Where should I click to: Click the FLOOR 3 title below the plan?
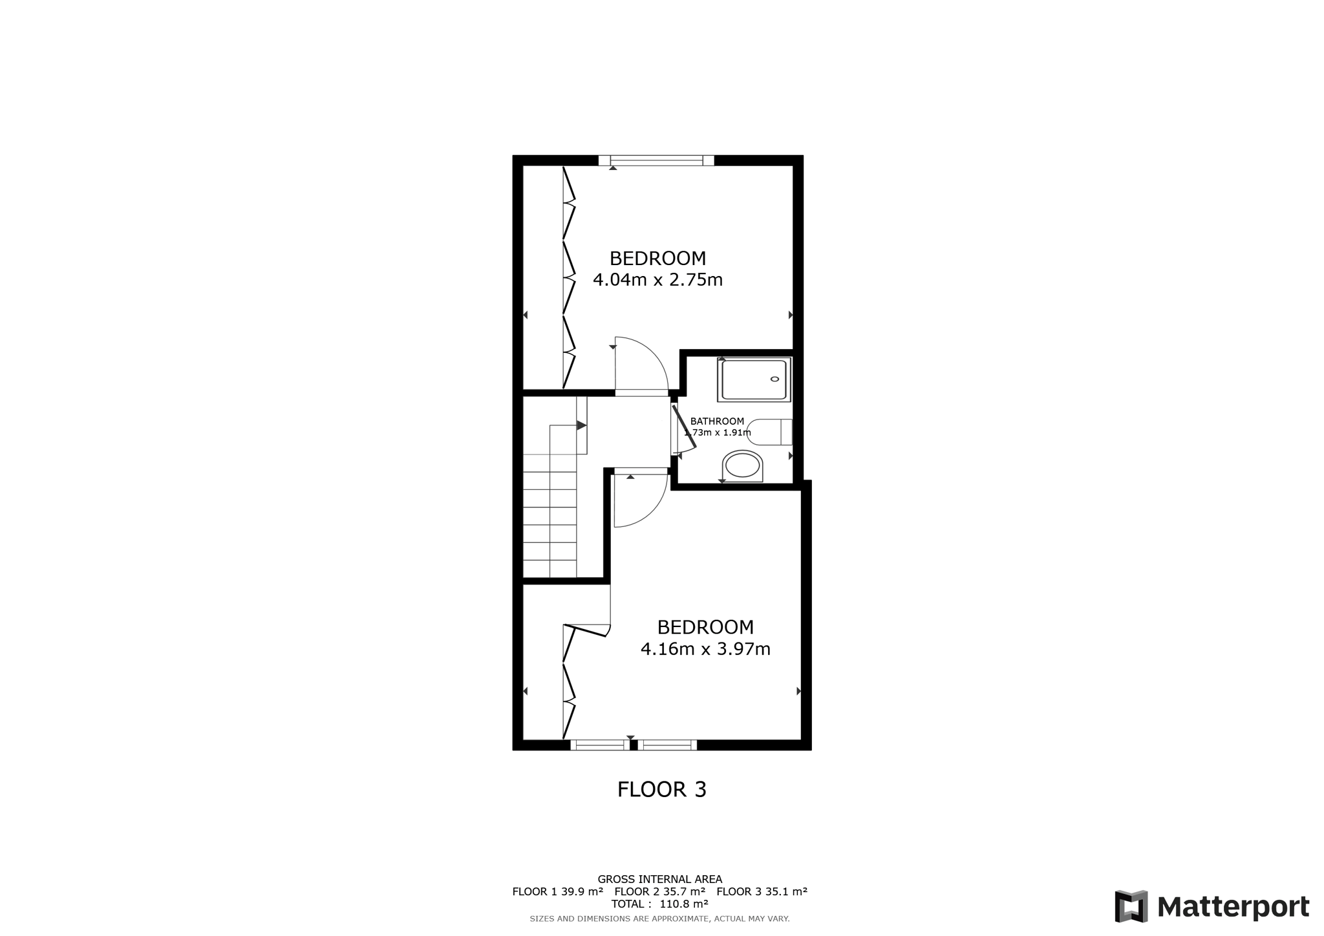pos(661,789)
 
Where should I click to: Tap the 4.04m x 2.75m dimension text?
pos(657,280)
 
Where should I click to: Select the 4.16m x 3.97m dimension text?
pos(705,649)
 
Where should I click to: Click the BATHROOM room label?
pos(717,421)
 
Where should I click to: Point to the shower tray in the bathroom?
pos(754,379)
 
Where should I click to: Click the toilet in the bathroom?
pos(769,432)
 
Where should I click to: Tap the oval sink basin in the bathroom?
pos(742,465)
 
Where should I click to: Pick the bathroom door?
pos(684,426)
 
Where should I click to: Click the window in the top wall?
pos(656,160)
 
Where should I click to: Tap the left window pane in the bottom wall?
pos(599,745)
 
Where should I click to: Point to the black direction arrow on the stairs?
pos(581,425)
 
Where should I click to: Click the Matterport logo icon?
pos(1131,906)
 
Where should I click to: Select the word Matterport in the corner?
pos(1233,907)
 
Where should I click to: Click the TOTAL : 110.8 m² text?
pos(659,904)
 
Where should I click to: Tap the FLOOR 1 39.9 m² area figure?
pos(557,891)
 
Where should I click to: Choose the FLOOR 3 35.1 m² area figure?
pos(762,891)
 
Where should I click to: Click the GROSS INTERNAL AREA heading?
pos(660,879)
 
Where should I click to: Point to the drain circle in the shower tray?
pos(774,380)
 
